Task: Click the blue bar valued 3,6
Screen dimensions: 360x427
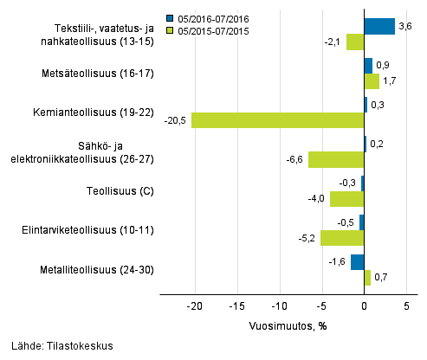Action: [379, 26]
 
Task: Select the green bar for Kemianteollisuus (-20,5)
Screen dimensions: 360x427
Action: [278, 120]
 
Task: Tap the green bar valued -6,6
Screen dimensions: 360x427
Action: [336, 159]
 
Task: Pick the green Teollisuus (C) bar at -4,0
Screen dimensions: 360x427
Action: [347, 199]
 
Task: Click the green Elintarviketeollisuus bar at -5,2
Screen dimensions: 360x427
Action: [342, 238]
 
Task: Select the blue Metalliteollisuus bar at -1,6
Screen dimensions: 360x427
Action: [358, 261]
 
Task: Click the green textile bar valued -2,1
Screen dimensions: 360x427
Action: [355, 42]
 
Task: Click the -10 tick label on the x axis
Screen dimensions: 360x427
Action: [279, 306]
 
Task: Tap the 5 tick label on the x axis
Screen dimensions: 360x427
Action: [406, 306]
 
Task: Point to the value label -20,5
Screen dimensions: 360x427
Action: [175, 121]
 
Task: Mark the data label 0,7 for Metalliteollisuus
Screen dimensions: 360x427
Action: [381, 278]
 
